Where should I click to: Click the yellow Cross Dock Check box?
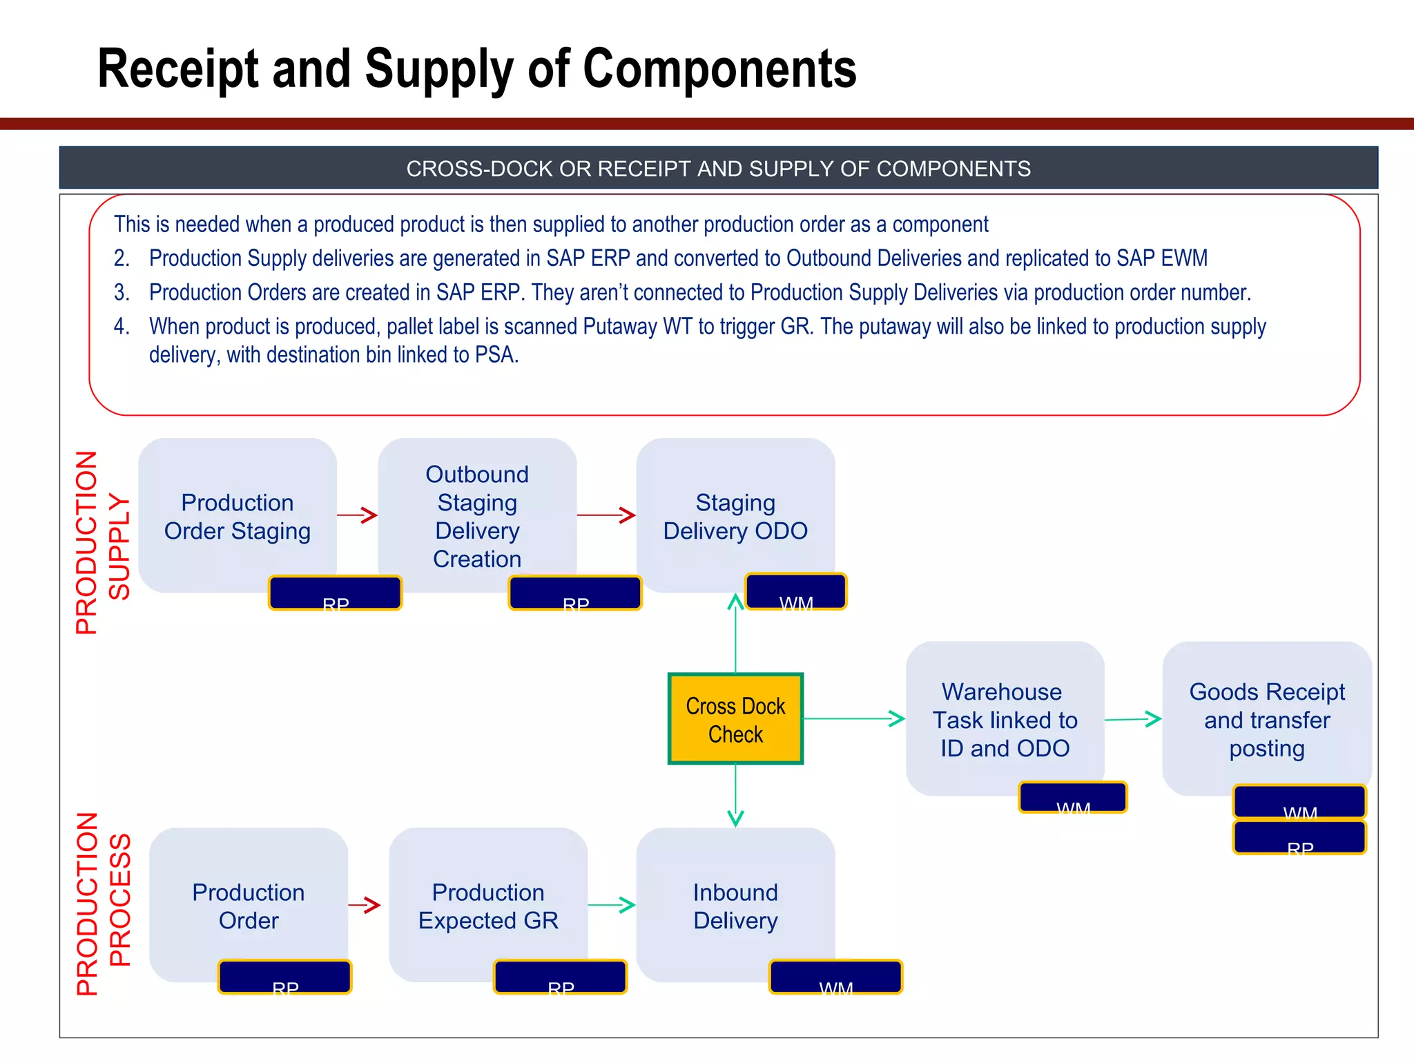point(735,719)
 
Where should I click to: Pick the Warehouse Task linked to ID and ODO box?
point(1005,719)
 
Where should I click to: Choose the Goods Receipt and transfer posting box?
point(1266,719)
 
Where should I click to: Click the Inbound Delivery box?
point(735,905)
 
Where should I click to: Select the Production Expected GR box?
point(488,905)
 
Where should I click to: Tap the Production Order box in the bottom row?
point(248,905)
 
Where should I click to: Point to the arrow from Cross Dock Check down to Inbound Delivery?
point(735,794)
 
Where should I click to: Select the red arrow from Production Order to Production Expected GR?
point(365,905)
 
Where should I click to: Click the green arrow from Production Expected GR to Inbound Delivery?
point(612,905)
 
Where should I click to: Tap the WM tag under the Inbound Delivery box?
point(835,977)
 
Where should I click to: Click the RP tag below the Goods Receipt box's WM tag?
point(1299,838)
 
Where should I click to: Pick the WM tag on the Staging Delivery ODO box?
point(795,591)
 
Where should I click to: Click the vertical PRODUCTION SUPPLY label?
point(102,543)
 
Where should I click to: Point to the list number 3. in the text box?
point(122,293)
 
